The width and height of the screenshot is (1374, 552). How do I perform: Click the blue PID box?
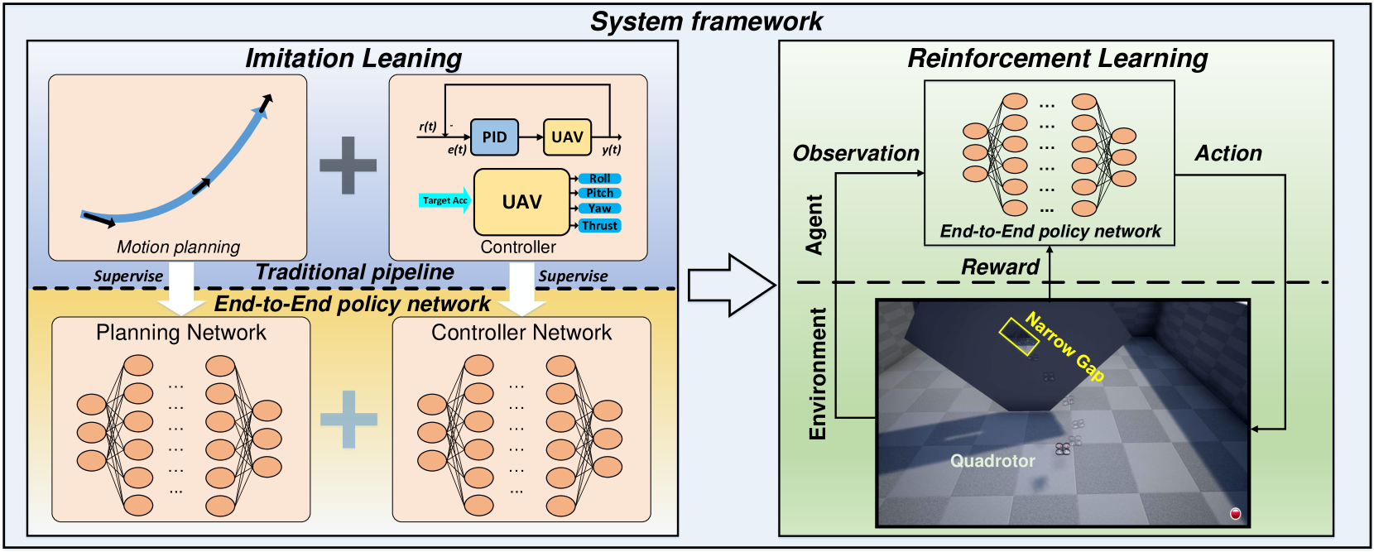(x=494, y=137)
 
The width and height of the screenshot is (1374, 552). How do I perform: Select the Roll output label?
(x=599, y=179)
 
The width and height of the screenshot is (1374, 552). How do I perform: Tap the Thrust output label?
(x=599, y=225)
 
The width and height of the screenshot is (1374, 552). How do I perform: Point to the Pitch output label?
(x=599, y=194)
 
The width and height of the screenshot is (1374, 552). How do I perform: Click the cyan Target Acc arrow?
(x=445, y=200)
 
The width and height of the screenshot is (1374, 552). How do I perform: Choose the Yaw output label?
(x=599, y=209)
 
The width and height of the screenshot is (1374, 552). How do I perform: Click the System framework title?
(x=706, y=22)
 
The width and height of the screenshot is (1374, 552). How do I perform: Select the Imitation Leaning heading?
(x=353, y=58)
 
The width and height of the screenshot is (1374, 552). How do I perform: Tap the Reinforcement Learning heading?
(x=1057, y=58)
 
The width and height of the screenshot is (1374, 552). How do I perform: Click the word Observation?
(x=856, y=153)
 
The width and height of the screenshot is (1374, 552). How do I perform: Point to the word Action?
(x=1228, y=153)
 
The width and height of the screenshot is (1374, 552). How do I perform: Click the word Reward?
(x=1000, y=266)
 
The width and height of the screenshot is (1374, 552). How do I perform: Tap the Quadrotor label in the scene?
(x=992, y=461)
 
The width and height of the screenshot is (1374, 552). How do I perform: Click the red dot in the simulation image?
(x=1236, y=514)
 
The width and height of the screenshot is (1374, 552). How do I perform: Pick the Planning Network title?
(x=181, y=333)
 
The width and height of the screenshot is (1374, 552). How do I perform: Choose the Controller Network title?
(x=521, y=333)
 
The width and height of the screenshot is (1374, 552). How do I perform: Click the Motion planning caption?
(x=178, y=247)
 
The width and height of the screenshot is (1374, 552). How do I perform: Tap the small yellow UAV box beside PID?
(x=567, y=137)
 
